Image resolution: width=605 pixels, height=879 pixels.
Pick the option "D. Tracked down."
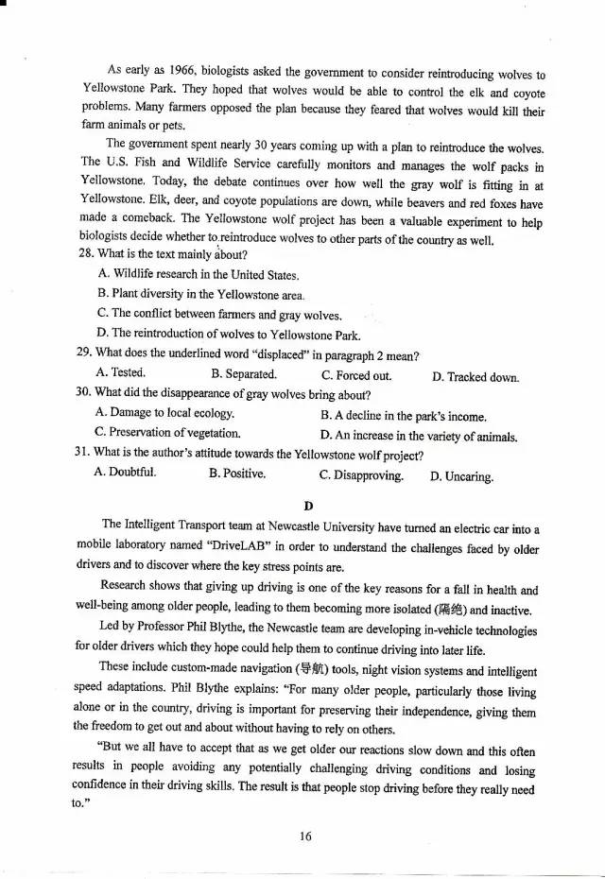pyautogui.click(x=476, y=377)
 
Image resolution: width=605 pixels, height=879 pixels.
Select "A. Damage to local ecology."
pyautogui.click(x=165, y=414)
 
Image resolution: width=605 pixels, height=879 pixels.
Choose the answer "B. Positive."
pyautogui.click(x=236, y=474)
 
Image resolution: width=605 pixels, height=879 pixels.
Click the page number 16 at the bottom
pyautogui.click(x=304, y=836)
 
